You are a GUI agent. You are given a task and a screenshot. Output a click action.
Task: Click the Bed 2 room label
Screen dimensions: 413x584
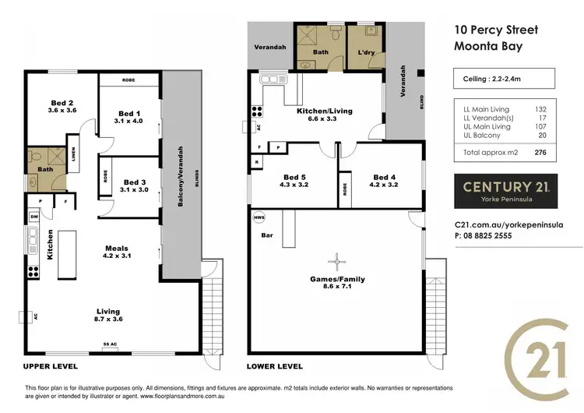(x=61, y=103)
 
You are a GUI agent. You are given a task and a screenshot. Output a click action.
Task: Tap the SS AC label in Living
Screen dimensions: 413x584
(x=111, y=344)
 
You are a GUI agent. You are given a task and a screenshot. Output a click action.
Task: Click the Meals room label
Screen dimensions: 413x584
(x=121, y=249)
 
